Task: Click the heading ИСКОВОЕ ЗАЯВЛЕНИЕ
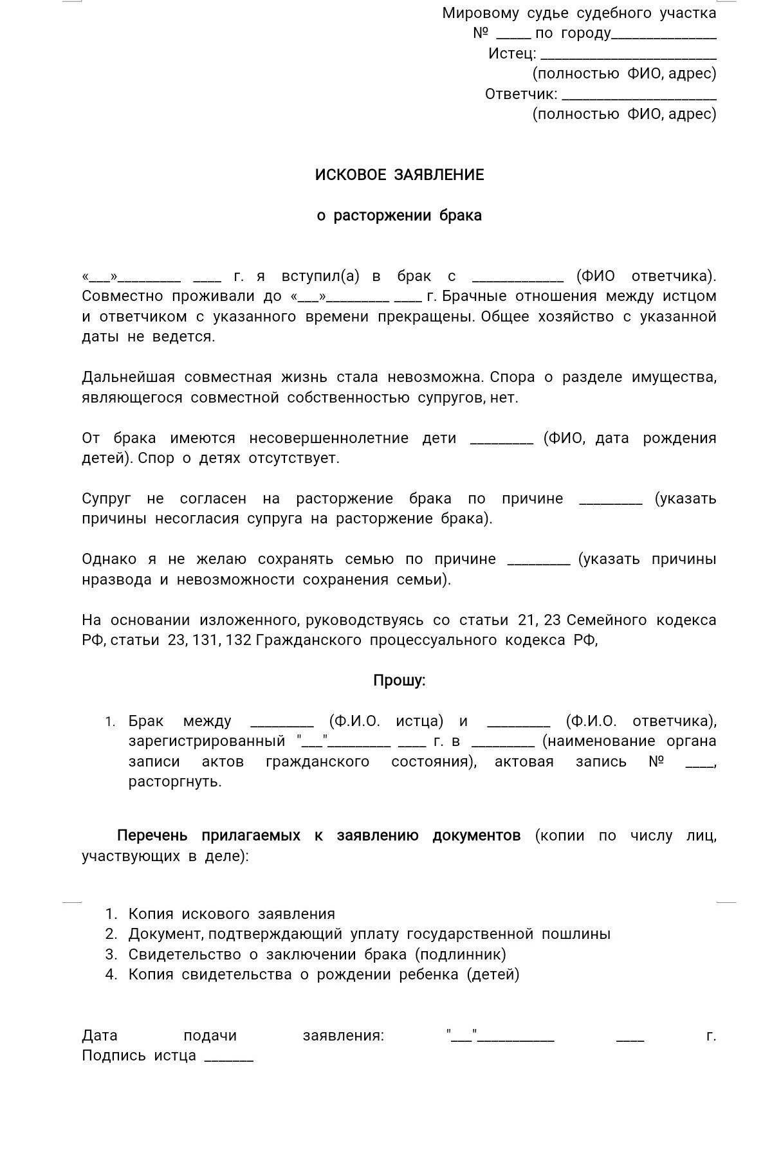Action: [x=399, y=175]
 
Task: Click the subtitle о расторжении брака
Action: [x=399, y=215]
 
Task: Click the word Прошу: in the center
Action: [x=399, y=680]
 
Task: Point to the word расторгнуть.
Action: [x=174, y=782]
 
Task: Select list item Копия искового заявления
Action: [x=232, y=914]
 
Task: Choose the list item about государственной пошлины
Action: [x=369, y=934]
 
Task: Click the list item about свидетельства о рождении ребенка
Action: [x=324, y=974]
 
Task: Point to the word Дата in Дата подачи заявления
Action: [x=100, y=1035]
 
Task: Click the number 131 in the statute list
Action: [x=206, y=641]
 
